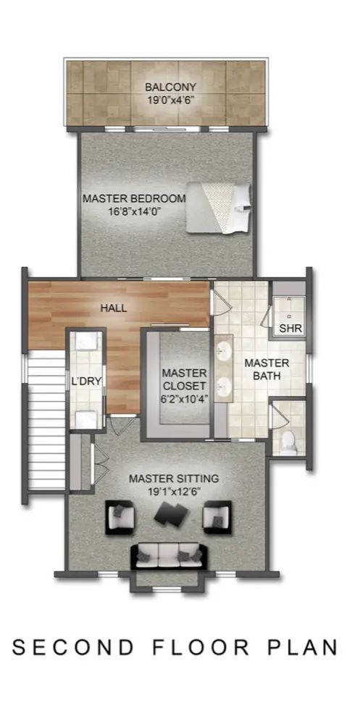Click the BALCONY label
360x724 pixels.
[x=171, y=87]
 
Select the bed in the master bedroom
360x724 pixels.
[x=219, y=207]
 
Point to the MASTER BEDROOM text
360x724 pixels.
[x=134, y=199]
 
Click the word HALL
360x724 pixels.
[x=114, y=308]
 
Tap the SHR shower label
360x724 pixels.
[x=290, y=329]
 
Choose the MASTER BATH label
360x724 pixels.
[x=267, y=369]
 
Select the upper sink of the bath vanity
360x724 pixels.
[x=223, y=353]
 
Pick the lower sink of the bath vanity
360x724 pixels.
[x=224, y=387]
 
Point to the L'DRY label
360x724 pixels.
[x=86, y=382]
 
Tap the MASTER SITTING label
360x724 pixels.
[x=174, y=479]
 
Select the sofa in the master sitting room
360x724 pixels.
[x=169, y=556]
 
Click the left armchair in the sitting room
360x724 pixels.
[x=121, y=518]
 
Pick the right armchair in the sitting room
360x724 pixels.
[x=217, y=517]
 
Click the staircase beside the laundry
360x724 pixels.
[x=46, y=420]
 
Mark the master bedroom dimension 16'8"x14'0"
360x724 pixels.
[x=135, y=211]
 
